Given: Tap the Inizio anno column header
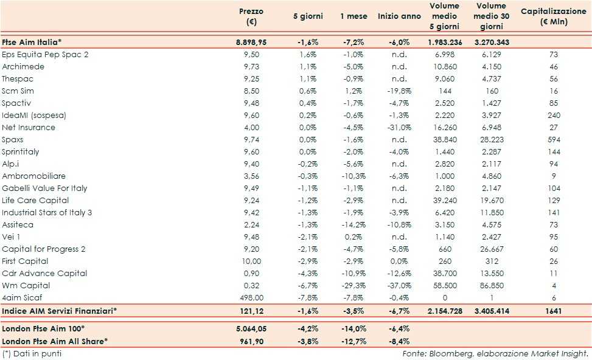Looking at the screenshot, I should [x=399, y=16].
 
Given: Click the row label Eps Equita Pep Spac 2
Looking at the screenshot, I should [x=45, y=54].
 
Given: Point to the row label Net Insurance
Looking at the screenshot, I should [x=29, y=127].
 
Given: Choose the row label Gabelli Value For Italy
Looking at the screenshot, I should [x=44, y=188].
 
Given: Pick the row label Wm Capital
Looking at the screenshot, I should [x=26, y=285].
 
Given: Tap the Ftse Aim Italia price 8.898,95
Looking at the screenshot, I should [x=251, y=42].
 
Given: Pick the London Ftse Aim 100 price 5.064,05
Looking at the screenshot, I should [x=251, y=328].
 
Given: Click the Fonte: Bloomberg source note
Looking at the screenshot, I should [x=495, y=353].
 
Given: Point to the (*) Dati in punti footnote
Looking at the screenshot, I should [x=32, y=353].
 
